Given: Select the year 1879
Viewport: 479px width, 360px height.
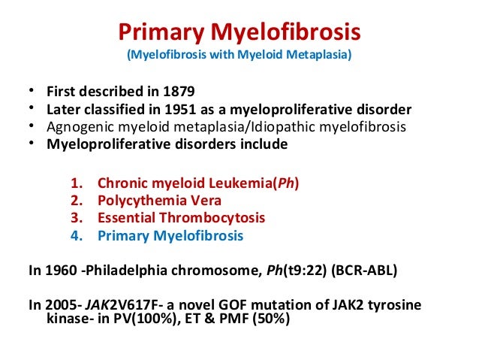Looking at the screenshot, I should (178, 93).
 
